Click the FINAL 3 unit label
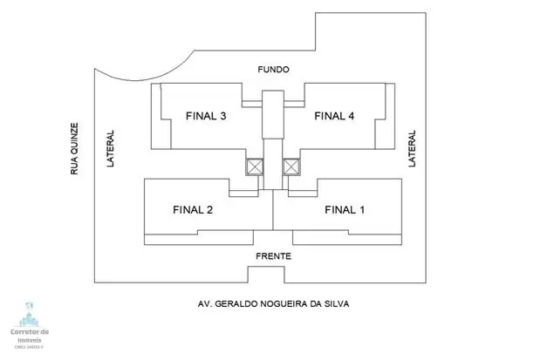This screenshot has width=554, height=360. coord(207,116)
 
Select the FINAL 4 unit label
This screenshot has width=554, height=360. coord(334,116)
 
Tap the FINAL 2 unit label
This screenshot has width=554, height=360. coord(193,209)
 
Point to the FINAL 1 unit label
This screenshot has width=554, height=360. coord(345,209)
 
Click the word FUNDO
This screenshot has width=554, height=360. coord(273,69)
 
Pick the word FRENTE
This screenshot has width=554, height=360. coord(273,256)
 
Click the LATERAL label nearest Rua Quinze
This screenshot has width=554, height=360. coord(111,150)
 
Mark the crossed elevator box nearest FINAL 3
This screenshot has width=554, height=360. coord(255,166)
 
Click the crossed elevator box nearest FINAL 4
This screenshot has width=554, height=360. coord(291,166)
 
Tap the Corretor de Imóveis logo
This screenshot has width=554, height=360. coord(30,323)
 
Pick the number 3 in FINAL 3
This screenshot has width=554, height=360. coord(224,116)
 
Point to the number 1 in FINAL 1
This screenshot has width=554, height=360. coord(362,209)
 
